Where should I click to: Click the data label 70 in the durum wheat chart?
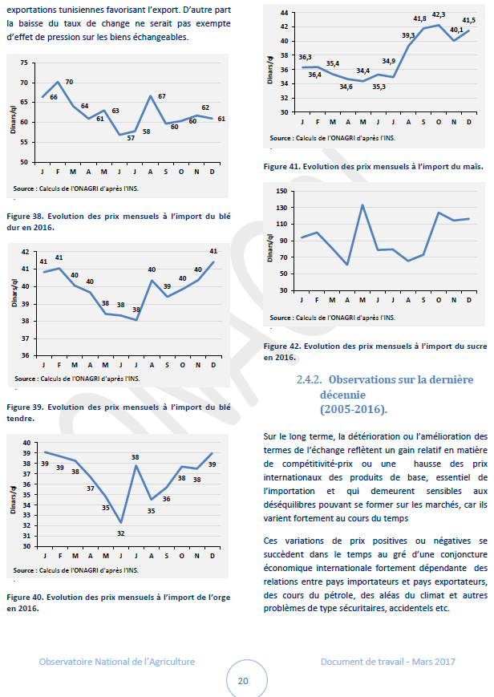pos(69,82)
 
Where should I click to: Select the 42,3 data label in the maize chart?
pos(439,15)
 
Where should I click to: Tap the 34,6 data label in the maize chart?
pos(346,87)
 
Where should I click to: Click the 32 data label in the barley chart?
pos(120,533)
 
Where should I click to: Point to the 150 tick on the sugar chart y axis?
pos(281,192)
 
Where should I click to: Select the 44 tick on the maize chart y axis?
pos(284,14)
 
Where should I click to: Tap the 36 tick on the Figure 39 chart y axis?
pos(24,355)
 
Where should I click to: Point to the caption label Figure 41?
pos(281,167)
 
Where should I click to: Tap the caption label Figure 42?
pos(281,346)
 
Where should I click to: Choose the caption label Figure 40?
pos(25,597)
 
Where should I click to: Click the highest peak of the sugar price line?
pos(362,205)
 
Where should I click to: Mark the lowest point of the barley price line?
pos(120,523)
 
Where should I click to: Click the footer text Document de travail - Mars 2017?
pos(387,662)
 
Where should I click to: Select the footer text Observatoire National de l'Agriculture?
pos(117,662)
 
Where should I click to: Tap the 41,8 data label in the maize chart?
pos(419,18)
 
